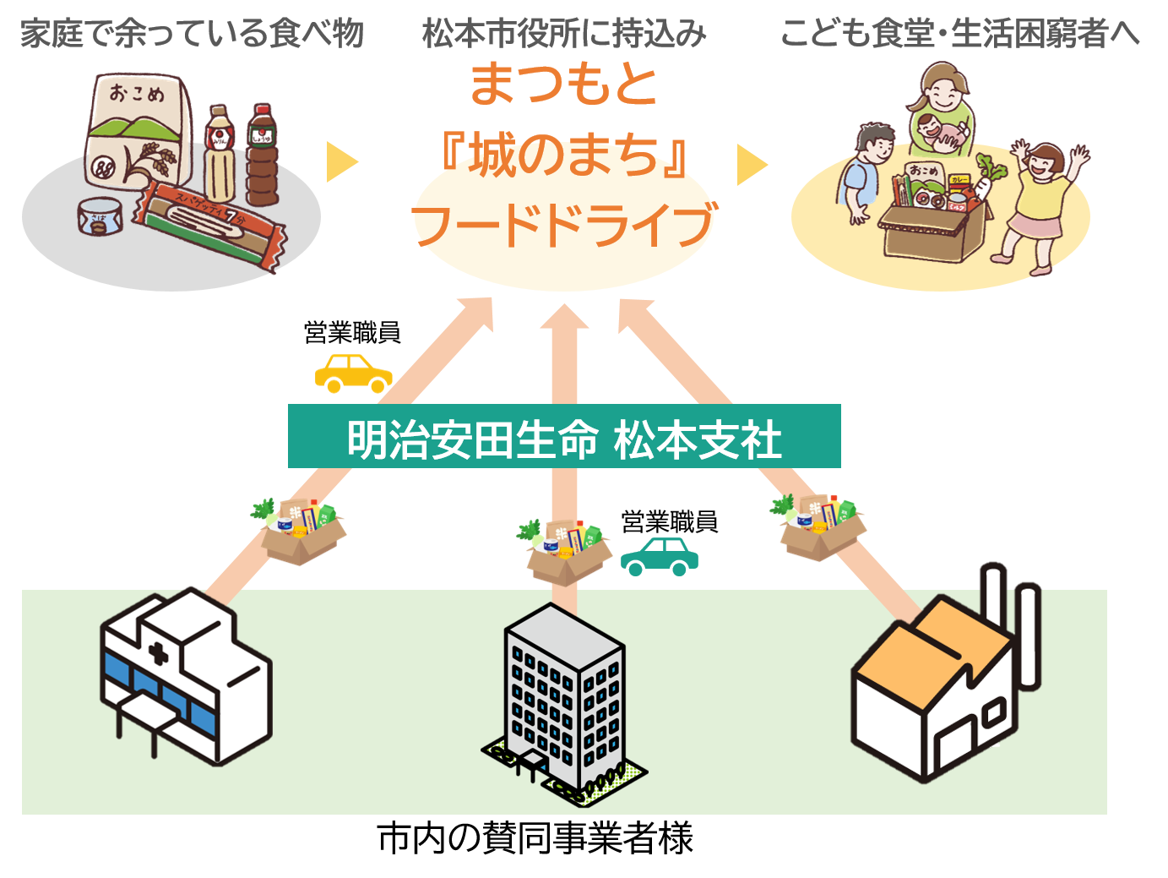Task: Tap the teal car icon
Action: pyautogui.click(x=660, y=556)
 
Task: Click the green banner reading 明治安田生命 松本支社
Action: pyautogui.click(x=564, y=437)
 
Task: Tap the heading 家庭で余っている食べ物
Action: pyautogui.click(x=192, y=35)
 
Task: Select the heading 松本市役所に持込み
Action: pyautogui.click(x=564, y=35)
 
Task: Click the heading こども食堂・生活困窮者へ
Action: pyautogui.click(x=959, y=35)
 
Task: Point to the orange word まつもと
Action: pyautogui.click(x=564, y=85)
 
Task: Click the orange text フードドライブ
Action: pyautogui.click(x=564, y=226)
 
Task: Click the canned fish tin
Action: pyautogui.click(x=101, y=216)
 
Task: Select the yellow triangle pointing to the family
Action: pyautogui.click(x=752, y=164)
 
